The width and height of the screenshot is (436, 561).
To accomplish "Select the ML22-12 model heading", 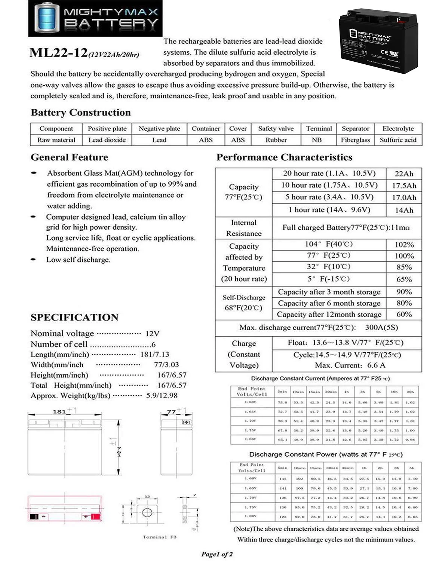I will pos(58,53).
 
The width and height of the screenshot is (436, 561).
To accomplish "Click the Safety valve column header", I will pos(276,129).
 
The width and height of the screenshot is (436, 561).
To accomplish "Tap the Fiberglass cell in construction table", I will pos(355,140).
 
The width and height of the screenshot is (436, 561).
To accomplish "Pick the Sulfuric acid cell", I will pos(397,140).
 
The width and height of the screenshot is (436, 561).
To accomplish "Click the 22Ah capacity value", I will pos(404,174).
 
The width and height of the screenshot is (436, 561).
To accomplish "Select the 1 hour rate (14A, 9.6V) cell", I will pos(329,210).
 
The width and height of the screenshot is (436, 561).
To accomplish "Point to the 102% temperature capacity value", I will pos(404,245).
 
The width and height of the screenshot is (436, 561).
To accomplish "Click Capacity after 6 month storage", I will pos(329,303).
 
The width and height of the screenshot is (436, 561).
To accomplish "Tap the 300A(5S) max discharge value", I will pos(381,328).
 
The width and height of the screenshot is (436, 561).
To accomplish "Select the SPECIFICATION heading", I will pos(74,318).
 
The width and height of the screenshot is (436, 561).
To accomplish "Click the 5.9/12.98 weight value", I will pos(162,396).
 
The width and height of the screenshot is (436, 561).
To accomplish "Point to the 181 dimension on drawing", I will pos(59,412).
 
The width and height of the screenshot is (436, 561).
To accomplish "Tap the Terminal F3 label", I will pos(160,537).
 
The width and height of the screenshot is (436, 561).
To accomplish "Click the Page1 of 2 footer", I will pos(217,554).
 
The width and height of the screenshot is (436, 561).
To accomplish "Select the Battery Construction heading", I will pos(81,113).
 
